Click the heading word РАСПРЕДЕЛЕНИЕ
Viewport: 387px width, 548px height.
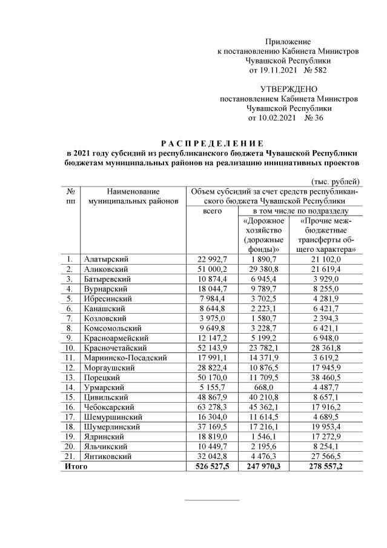coord(212,143)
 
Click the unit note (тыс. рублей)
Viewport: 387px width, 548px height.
coord(336,181)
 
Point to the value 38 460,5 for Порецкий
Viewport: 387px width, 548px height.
coord(330,376)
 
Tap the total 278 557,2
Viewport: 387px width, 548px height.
coord(330,466)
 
